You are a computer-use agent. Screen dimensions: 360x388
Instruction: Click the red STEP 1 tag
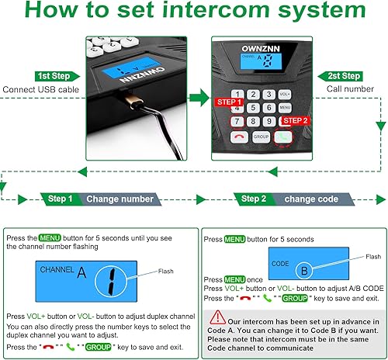point(230,102)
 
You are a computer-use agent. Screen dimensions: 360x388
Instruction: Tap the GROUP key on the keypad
point(261,135)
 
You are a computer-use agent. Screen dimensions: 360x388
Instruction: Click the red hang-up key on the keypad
point(237,135)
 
